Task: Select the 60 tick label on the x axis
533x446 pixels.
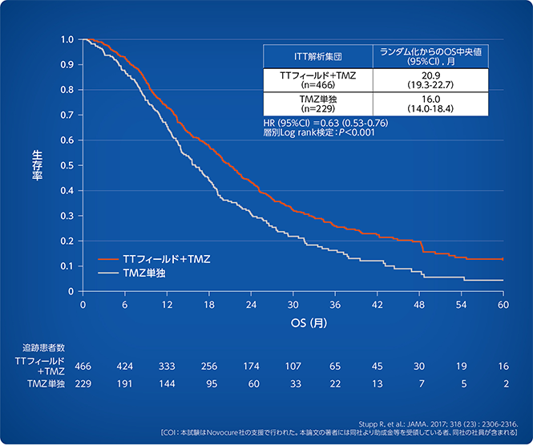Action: [503, 306]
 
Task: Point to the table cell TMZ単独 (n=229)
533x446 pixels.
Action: [317, 103]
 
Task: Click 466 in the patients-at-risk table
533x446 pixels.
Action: [83, 366]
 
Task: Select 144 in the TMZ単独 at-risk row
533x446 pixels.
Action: [167, 384]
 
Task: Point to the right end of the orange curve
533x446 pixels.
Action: [503, 259]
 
